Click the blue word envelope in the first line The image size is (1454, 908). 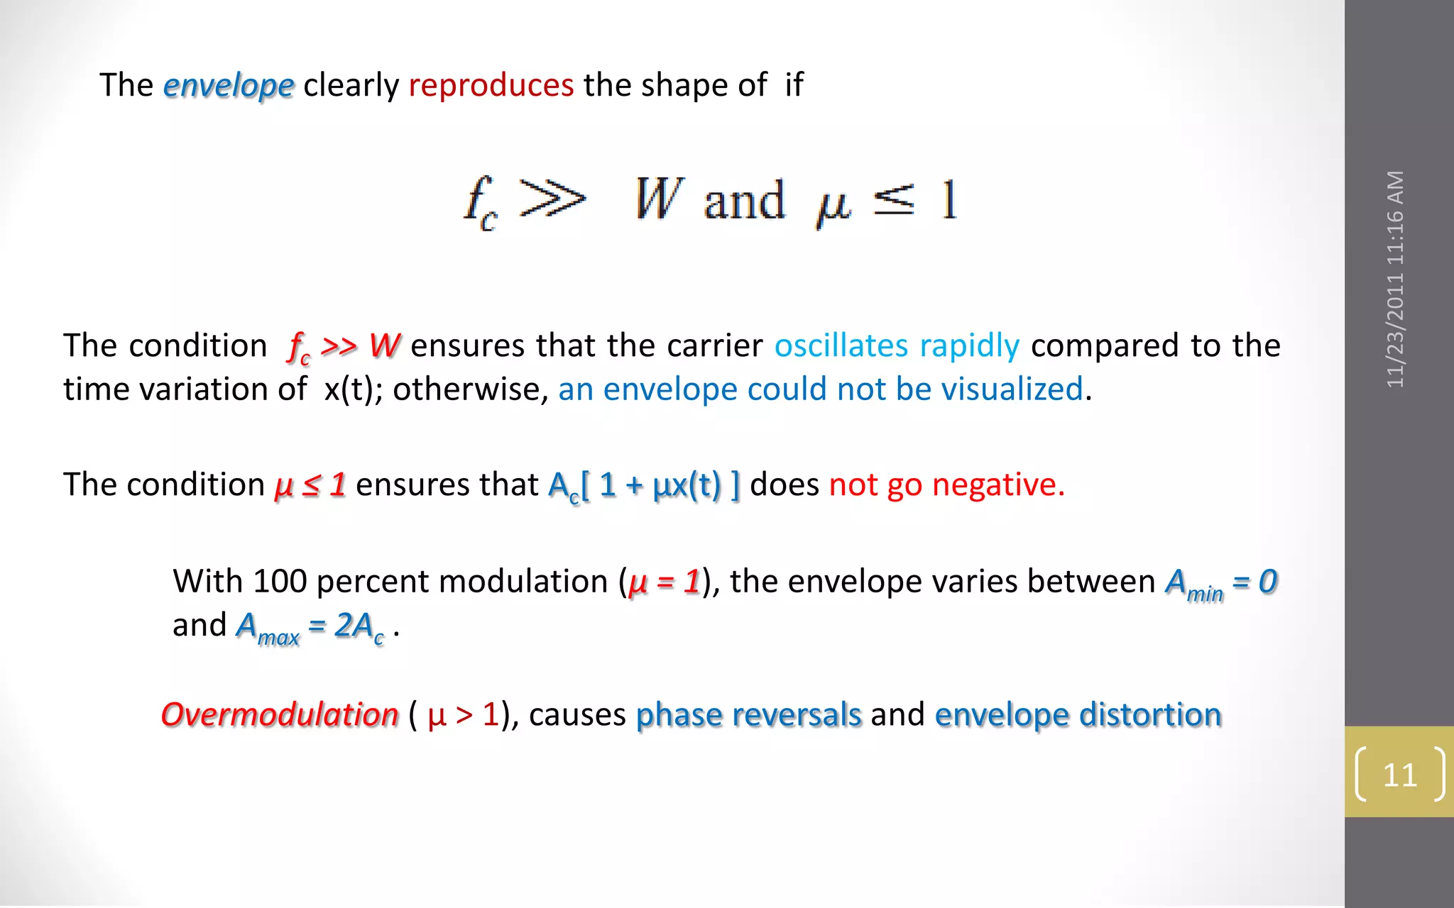228,86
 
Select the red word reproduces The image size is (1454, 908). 491,85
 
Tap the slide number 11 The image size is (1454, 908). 1399,775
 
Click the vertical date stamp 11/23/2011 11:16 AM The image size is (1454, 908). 1395,279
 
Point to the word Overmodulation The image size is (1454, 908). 280,714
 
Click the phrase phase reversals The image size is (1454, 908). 748,714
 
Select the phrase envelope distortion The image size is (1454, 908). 1078,714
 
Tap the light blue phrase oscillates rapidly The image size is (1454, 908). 897,345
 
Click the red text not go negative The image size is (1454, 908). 946,485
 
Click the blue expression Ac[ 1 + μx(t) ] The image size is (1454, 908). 644,486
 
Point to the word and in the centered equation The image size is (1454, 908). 744,201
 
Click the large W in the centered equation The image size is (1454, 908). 658,199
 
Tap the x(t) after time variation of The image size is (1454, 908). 349,389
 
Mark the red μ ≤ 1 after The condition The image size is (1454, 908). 310,485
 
